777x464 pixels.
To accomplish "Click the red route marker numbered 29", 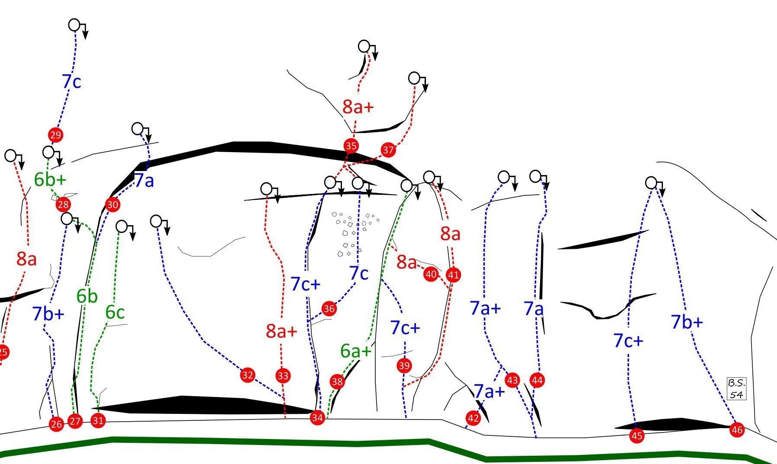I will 55,135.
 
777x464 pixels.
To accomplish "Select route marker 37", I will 388,150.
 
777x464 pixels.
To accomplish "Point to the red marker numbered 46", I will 737,430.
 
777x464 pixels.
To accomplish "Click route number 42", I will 473,418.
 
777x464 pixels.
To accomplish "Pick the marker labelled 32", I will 247,375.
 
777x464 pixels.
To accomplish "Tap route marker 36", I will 329,309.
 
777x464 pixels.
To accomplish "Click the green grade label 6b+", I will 50,180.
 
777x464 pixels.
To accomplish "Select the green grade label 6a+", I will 356,351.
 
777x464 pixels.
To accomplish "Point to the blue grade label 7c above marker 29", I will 71,82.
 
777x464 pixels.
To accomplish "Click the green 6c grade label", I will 115,312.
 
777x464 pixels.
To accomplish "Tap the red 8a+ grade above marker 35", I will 358,107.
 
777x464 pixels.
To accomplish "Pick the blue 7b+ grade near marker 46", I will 687,322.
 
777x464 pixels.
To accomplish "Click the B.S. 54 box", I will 737,388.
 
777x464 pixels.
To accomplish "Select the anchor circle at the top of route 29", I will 74,25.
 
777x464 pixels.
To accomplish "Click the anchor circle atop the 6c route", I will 122,226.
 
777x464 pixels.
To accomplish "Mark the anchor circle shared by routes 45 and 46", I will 651,183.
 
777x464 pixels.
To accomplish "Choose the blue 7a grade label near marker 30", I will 144,181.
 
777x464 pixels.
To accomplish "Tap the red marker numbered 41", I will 453,275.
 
